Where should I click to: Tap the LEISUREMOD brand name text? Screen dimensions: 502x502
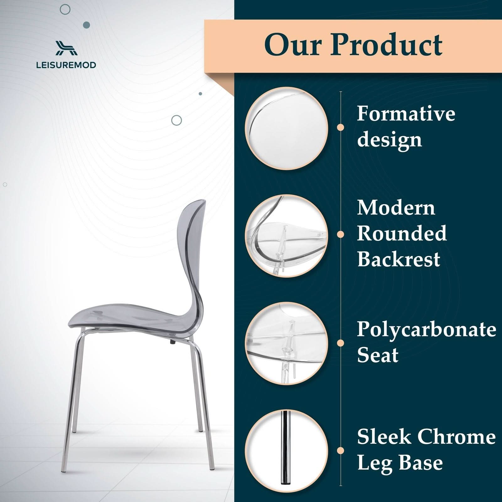pyautogui.click(x=66, y=65)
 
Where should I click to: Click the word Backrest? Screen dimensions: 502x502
pyautogui.click(x=398, y=259)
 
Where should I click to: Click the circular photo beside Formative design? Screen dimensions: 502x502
pyautogui.click(x=286, y=128)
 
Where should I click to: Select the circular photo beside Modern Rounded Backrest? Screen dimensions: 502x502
pyautogui.click(x=286, y=236)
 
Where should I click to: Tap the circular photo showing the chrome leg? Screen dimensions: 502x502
pyautogui.click(x=286, y=451)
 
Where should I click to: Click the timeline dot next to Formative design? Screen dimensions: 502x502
pyautogui.click(x=340, y=127)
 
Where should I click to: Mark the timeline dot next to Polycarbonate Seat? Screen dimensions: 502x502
pyautogui.click(x=340, y=343)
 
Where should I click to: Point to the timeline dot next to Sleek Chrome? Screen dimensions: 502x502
pyautogui.click(x=340, y=451)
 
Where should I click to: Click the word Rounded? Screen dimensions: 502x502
pyautogui.click(x=402, y=233)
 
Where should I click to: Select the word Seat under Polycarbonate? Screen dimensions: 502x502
pyautogui.click(x=378, y=355)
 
